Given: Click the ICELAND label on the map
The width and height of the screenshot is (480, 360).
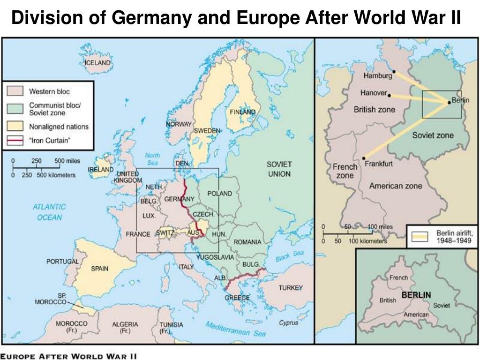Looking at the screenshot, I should pyautogui.click(x=97, y=62).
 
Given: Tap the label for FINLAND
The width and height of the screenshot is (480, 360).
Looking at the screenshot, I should pyautogui.click(x=242, y=112).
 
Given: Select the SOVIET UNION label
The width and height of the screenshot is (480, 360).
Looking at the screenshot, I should pyautogui.click(x=279, y=169).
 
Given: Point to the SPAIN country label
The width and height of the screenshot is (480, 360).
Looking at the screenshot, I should pyautogui.click(x=99, y=269).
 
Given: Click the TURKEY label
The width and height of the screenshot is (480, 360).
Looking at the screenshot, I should pyautogui.click(x=291, y=287).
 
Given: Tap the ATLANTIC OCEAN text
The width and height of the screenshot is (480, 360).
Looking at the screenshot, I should pyautogui.click(x=49, y=212).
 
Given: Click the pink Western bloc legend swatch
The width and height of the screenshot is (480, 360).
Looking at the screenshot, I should pyautogui.click(x=17, y=91).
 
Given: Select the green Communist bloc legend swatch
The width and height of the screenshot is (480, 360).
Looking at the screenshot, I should pyautogui.click(x=17, y=109).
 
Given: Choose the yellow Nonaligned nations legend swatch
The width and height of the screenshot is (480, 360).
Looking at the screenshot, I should pyautogui.click(x=17, y=127).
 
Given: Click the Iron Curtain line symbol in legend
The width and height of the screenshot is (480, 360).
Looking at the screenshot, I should pyautogui.click(x=17, y=140).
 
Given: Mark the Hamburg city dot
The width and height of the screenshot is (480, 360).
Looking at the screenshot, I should pyautogui.click(x=394, y=72).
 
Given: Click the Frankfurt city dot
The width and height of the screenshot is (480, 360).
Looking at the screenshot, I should pyautogui.click(x=364, y=157).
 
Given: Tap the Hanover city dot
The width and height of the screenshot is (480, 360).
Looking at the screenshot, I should pyautogui.click(x=389, y=95).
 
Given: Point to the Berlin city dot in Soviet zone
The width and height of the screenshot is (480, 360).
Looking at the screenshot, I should pyautogui.click(x=449, y=103).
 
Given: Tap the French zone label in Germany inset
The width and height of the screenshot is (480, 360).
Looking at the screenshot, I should pyautogui.click(x=345, y=171).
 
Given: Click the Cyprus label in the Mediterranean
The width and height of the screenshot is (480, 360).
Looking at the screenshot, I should pyautogui.click(x=288, y=322).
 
